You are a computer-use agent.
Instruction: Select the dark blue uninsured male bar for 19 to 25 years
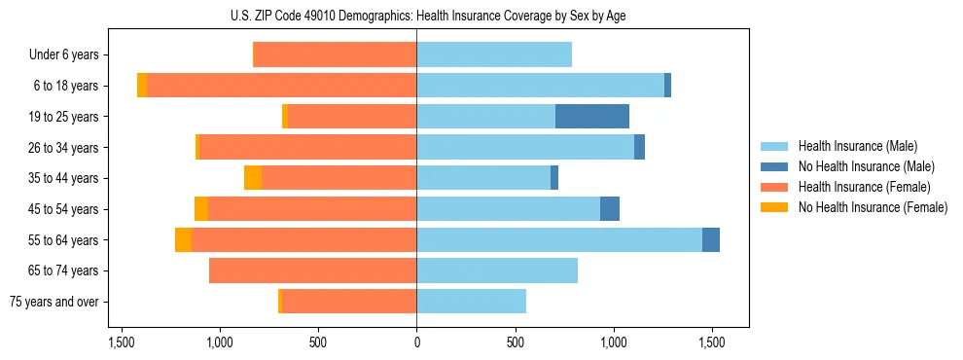pyautogui.click(x=592, y=117)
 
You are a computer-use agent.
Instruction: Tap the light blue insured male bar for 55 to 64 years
pyautogui.click(x=559, y=239)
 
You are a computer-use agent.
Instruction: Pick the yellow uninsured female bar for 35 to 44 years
pyautogui.click(x=253, y=178)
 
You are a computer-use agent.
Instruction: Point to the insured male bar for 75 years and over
pyautogui.click(x=472, y=302)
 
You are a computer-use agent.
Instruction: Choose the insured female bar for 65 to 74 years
pyautogui.click(x=313, y=270)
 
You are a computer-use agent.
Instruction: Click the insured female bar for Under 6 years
pyautogui.click(x=335, y=55)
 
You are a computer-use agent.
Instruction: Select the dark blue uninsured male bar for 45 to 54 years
pyautogui.click(x=610, y=209)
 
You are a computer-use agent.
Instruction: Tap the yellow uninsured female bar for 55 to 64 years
pyautogui.click(x=183, y=239)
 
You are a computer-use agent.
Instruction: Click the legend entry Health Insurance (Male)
pyautogui.click(x=857, y=146)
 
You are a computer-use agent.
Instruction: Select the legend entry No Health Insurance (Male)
pyautogui.click(x=866, y=166)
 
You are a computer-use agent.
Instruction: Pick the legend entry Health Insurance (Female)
pyautogui.click(x=864, y=187)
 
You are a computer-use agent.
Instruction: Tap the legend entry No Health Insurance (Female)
pyautogui.click(x=873, y=207)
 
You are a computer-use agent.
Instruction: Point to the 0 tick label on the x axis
pyautogui.click(x=416, y=342)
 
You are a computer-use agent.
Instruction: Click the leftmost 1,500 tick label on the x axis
pyautogui.click(x=122, y=342)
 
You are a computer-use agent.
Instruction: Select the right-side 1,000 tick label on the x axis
pyautogui.click(x=614, y=342)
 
